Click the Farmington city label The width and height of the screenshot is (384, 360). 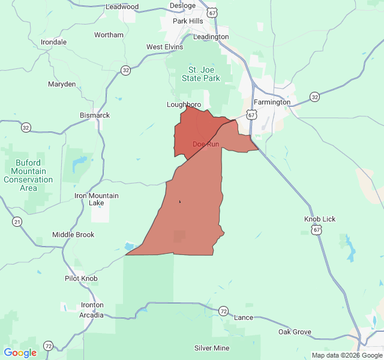(272, 102)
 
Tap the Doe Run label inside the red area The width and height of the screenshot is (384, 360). (205, 144)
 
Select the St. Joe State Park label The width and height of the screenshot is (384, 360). (200, 74)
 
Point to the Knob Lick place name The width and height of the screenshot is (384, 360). (320, 219)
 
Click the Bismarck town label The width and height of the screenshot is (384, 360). (95, 115)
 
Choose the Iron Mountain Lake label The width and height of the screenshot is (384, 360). (96, 199)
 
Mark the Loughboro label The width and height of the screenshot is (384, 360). (184, 104)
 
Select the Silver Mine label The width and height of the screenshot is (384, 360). (212, 348)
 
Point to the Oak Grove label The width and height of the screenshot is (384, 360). (295, 332)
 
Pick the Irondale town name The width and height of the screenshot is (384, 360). (53, 42)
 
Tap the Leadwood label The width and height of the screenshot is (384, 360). (122, 7)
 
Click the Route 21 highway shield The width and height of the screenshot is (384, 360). (17, 222)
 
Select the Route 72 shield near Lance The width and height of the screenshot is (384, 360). (223, 311)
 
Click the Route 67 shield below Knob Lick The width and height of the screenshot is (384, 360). (316, 230)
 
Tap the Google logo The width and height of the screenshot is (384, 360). (20, 353)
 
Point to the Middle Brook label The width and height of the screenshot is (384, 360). (73, 235)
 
